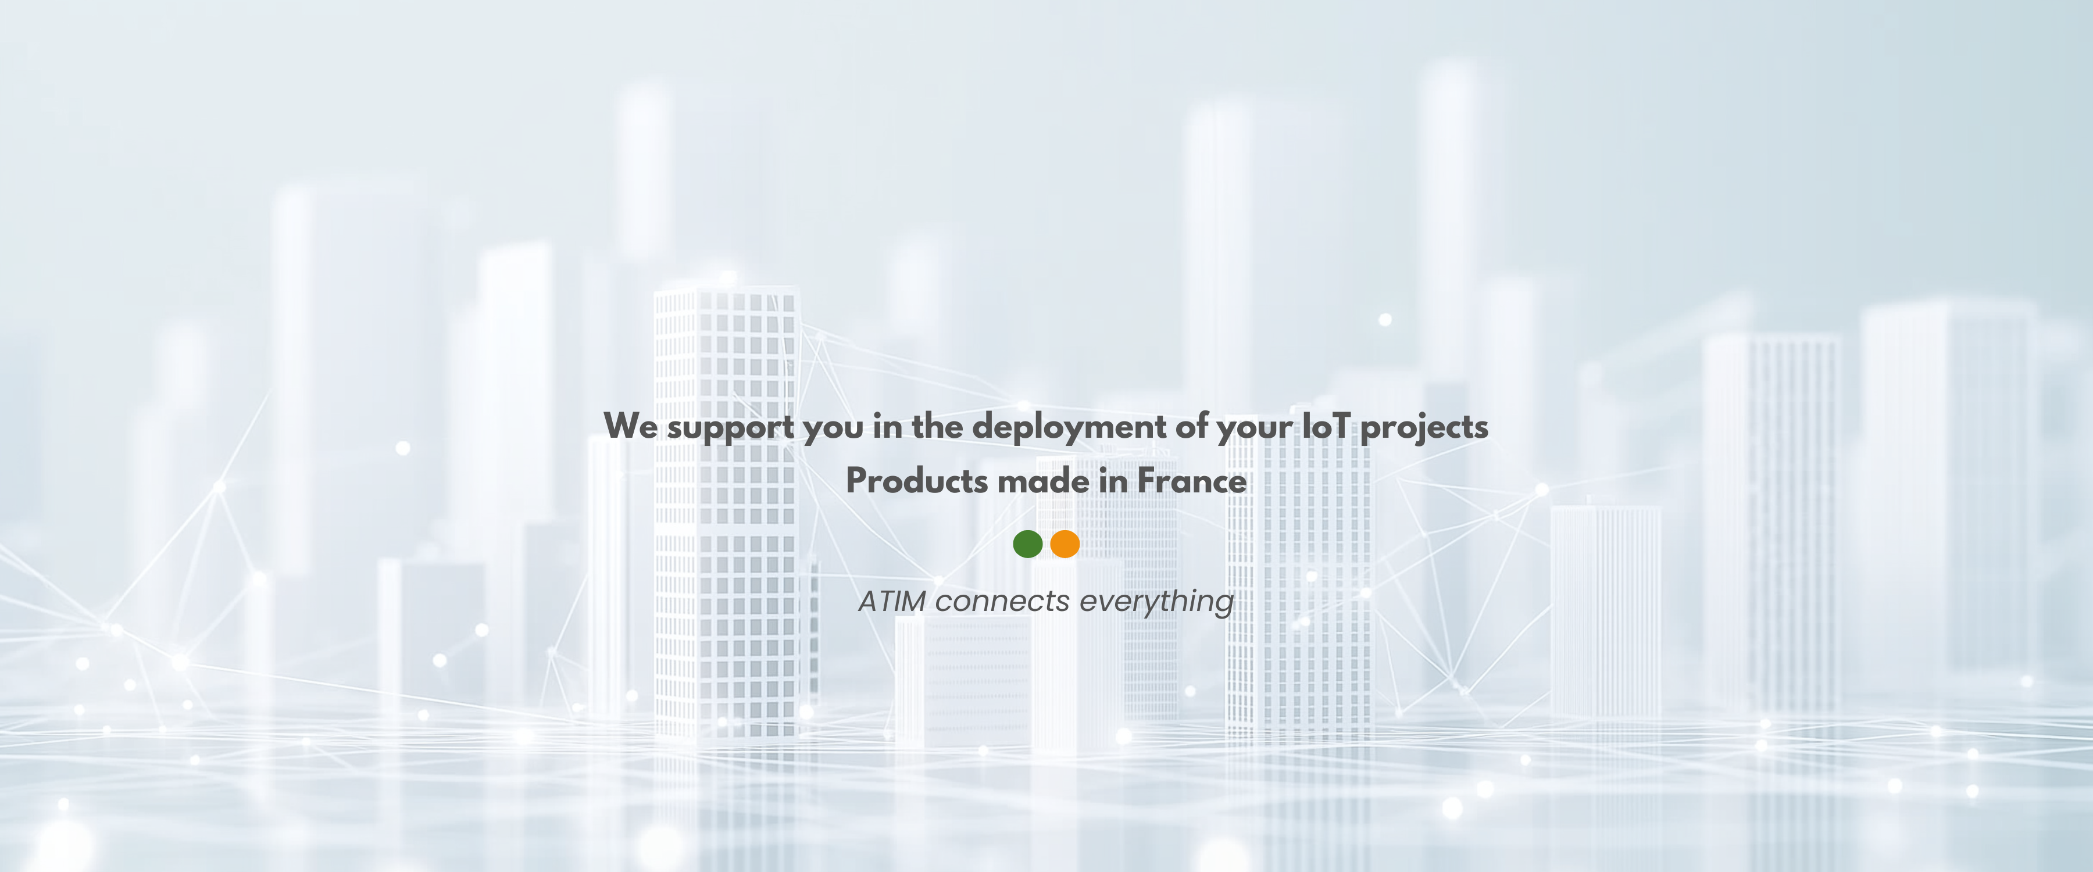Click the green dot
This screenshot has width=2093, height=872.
1028,544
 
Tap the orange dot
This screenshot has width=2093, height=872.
1065,544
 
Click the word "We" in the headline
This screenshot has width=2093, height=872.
630,426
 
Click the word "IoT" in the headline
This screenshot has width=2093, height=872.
1327,426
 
